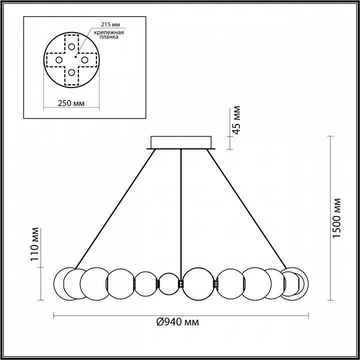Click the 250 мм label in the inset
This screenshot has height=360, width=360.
[70, 103]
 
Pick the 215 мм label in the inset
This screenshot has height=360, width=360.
[110, 24]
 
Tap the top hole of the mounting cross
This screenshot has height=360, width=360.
[72, 47]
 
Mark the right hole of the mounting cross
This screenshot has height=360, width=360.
[85, 60]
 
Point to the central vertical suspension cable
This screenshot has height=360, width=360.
[181, 210]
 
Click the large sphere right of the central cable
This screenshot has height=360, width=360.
[199, 283]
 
